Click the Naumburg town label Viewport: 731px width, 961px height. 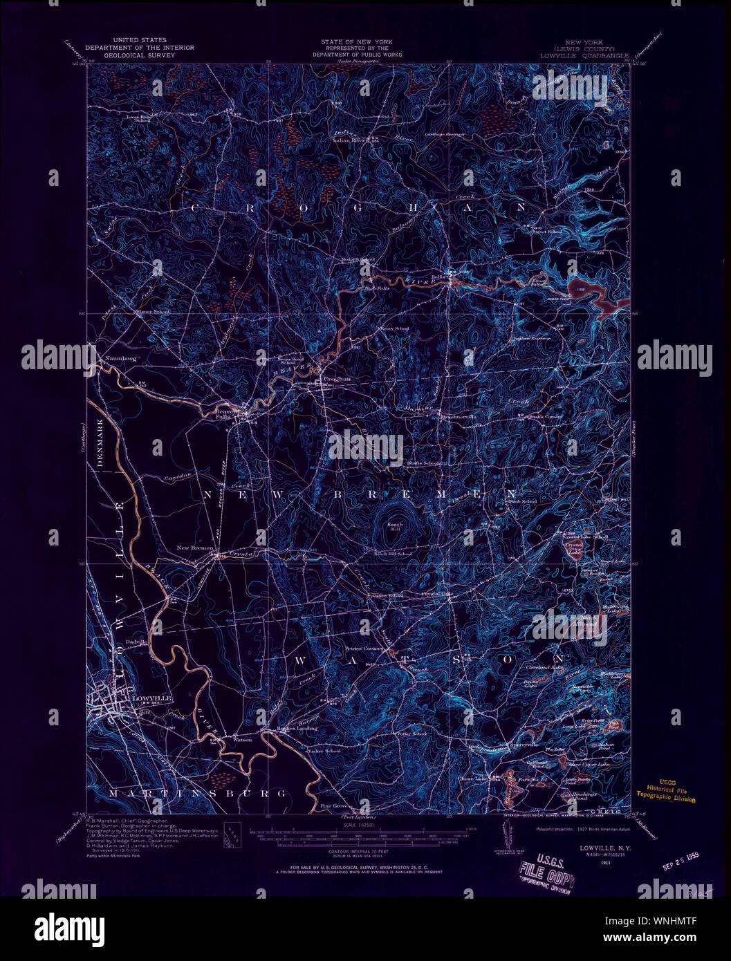[x=119, y=359]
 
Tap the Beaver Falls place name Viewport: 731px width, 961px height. [x=221, y=413]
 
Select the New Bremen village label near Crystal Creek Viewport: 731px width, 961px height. [x=196, y=548]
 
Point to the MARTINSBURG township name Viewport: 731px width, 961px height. [x=198, y=793]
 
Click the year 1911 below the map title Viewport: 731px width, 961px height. [x=605, y=862]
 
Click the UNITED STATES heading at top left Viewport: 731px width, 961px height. [x=140, y=41]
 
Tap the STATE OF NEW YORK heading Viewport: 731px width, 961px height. [x=361, y=42]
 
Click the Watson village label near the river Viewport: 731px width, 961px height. [x=242, y=738]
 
